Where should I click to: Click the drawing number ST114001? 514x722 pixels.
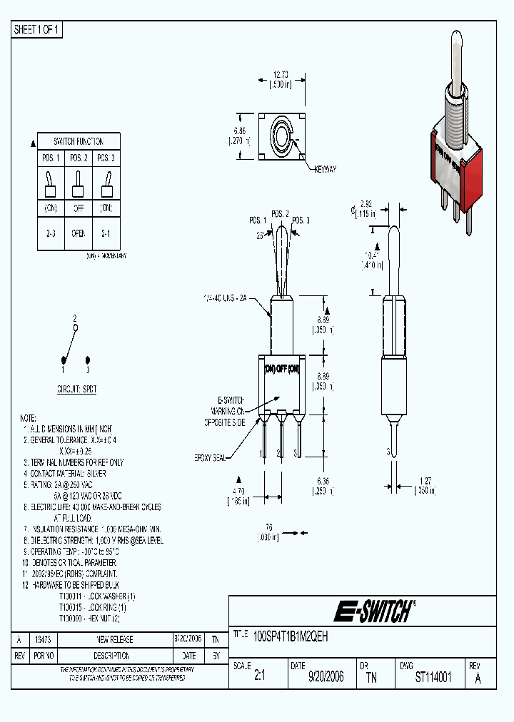tap(433, 677)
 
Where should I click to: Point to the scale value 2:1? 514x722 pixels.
tap(260, 677)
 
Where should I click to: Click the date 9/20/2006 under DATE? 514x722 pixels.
tap(326, 677)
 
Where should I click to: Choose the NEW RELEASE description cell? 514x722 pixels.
tap(115, 640)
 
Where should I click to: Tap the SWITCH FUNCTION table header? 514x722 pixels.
tap(79, 141)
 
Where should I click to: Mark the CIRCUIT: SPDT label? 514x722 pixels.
tap(76, 390)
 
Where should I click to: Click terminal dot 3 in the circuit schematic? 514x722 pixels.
tap(88, 361)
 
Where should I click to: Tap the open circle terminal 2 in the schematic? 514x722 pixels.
tap(76, 327)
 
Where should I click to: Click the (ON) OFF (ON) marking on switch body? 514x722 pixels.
tap(281, 368)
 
